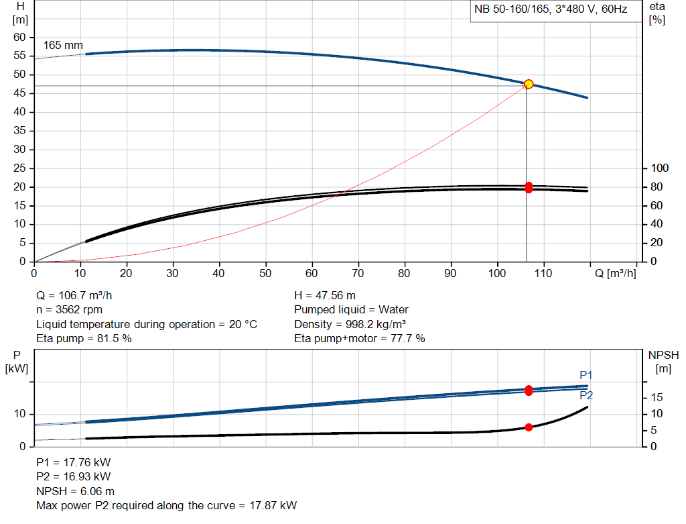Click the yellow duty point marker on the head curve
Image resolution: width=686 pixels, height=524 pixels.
pos(529,84)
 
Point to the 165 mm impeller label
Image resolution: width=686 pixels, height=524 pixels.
pos(63,46)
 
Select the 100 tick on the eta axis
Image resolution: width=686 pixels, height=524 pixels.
pos(661,168)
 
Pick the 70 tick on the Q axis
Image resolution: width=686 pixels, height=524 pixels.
pos(358,273)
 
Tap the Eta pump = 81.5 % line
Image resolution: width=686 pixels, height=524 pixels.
pos(84,339)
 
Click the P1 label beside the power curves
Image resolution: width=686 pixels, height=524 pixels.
pos(586,375)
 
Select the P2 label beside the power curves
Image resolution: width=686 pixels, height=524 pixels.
pos(586,396)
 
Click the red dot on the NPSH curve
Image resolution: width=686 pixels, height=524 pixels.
pos(529,427)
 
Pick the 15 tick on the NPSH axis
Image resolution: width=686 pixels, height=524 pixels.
pos(658,398)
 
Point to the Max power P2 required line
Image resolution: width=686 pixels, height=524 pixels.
pos(166,505)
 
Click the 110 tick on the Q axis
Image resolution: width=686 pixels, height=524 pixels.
pos(543,273)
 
